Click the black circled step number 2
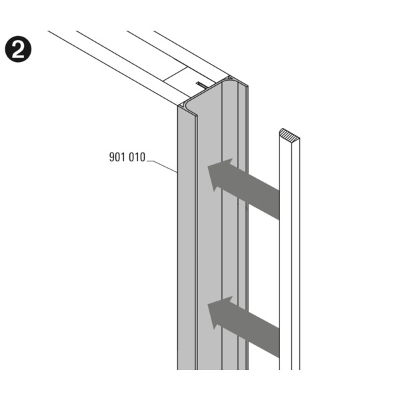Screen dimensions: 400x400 (x=18, y=49)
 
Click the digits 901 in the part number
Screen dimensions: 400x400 (x=117, y=157)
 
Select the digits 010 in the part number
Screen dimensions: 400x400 (x=137, y=157)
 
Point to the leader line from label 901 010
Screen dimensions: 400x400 (x=162, y=166)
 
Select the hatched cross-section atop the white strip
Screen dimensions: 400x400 (x=289, y=135)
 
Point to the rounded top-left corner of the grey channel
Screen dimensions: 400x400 (x=189, y=104)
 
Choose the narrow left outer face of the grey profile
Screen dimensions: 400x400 (x=186, y=240)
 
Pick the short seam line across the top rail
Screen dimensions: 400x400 (x=175, y=74)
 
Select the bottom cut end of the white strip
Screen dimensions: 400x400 (x=289, y=369)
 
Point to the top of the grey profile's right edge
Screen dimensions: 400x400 (x=247, y=87)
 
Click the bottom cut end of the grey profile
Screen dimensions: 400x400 (x=213, y=369)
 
